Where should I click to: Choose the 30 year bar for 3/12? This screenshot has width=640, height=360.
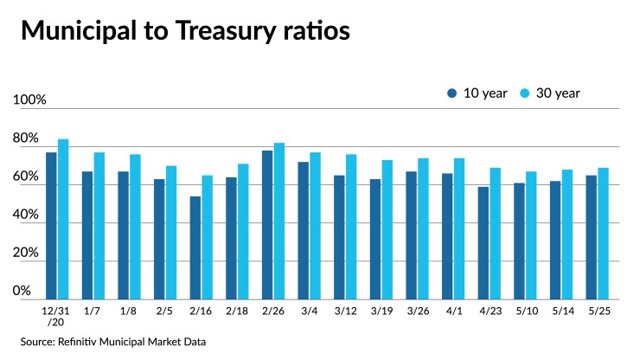[x=351, y=227]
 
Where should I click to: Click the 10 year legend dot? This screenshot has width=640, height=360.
[x=451, y=93]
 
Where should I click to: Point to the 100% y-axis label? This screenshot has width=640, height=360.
[x=29, y=101]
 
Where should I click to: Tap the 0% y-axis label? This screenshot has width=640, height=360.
[x=22, y=292]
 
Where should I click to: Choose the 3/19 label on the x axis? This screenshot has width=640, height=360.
[x=381, y=311]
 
